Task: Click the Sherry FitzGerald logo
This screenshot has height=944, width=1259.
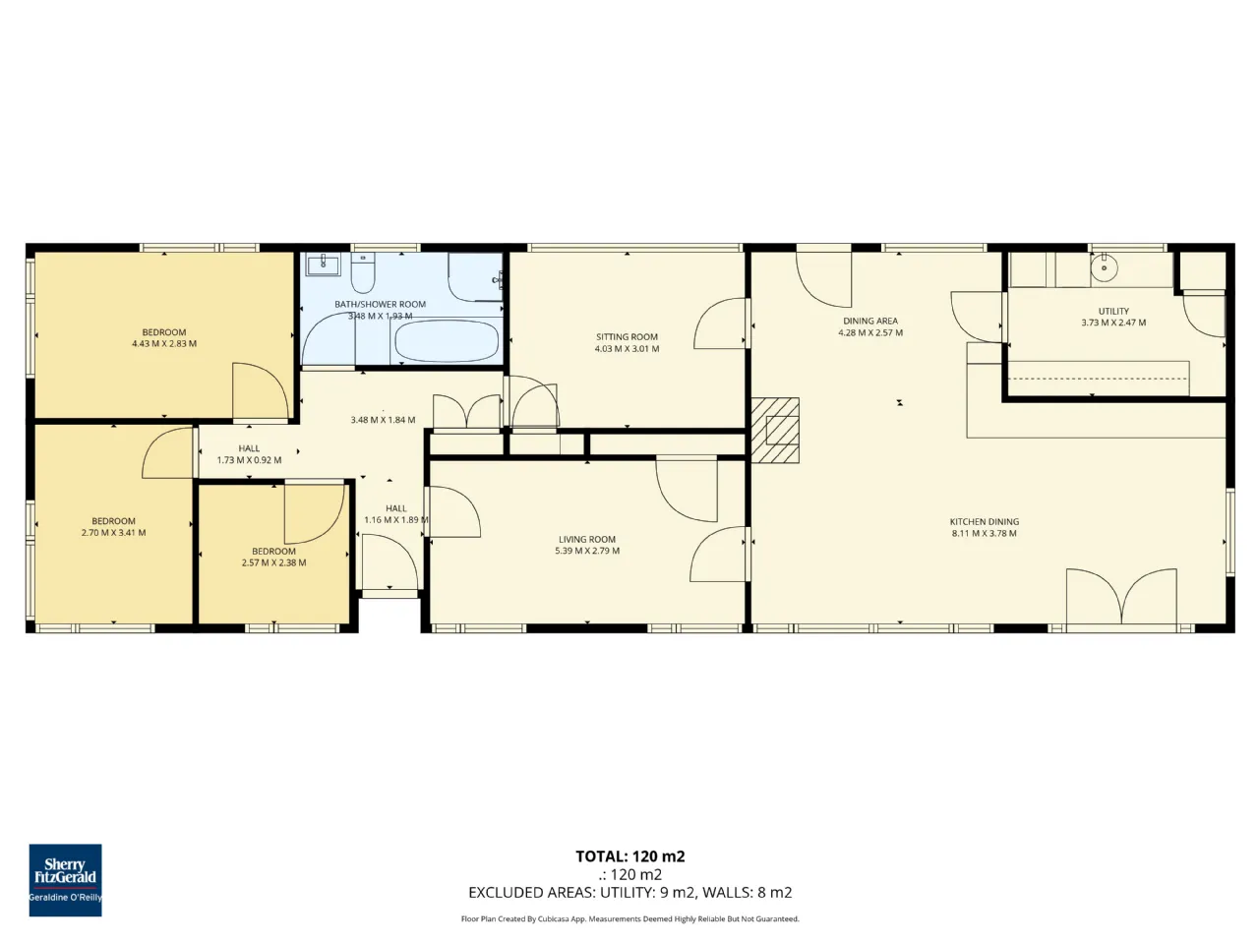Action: [65, 880]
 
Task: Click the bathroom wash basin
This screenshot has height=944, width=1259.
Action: [323, 265]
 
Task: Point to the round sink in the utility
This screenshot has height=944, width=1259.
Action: [1104, 267]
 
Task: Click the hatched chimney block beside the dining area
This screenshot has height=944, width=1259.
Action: [775, 430]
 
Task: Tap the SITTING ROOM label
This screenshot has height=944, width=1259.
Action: [627, 337]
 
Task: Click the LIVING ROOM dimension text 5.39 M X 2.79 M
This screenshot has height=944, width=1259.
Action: [587, 551]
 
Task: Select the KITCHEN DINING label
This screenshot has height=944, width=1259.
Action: [985, 521]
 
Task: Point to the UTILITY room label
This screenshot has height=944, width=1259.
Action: [1113, 312]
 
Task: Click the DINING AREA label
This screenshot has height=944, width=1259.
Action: [870, 321]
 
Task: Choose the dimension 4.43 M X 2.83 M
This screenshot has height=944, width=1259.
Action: [164, 344]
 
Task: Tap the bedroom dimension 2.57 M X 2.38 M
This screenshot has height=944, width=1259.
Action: [273, 562]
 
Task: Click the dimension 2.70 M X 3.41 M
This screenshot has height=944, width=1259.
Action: [113, 532]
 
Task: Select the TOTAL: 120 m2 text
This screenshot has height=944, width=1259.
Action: [629, 856]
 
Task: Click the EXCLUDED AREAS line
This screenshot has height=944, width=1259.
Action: [629, 893]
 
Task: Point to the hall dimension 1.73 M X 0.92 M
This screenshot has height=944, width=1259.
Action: [249, 459]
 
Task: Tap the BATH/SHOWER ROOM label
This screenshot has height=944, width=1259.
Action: [381, 305]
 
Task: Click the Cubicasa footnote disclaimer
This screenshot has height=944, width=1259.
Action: [629, 918]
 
